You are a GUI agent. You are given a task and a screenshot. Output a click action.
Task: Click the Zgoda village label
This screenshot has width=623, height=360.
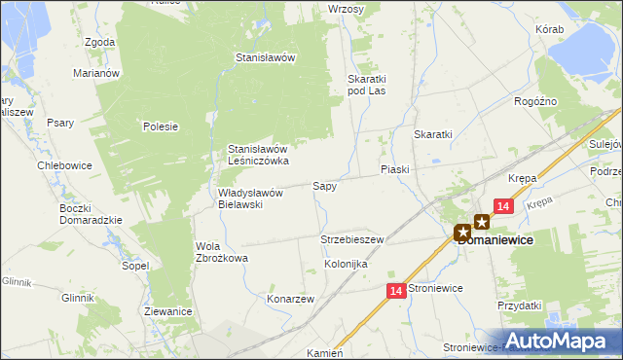[x=100, y=43]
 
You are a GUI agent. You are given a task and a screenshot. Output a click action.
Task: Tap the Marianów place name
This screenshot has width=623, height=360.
[x=96, y=72]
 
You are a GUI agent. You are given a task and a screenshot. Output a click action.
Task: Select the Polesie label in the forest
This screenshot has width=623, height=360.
[x=160, y=126]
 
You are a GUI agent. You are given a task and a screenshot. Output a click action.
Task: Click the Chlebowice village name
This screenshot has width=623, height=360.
[x=64, y=165]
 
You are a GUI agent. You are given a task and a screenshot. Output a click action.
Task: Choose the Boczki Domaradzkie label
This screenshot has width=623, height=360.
[x=90, y=213]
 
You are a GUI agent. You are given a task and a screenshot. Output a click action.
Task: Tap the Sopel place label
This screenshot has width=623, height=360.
[x=134, y=265]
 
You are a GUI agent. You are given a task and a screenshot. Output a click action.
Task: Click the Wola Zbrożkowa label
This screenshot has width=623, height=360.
[x=222, y=252]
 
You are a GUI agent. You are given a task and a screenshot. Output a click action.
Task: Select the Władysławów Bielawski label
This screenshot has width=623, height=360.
[x=249, y=198]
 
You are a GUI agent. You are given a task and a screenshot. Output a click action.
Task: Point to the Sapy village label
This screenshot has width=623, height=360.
[x=324, y=185]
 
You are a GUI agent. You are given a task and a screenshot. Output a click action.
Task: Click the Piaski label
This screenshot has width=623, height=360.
[x=394, y=169]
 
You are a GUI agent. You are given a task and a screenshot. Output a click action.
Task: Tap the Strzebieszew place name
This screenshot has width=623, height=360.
[x=352, y=239]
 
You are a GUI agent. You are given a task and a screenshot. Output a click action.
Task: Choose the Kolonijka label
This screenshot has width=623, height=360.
[x=345, y=264]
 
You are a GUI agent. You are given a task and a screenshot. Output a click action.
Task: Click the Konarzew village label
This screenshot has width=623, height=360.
[x=290, y=300]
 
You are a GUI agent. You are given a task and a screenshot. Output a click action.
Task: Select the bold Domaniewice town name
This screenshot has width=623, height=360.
[x=500, y=240]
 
